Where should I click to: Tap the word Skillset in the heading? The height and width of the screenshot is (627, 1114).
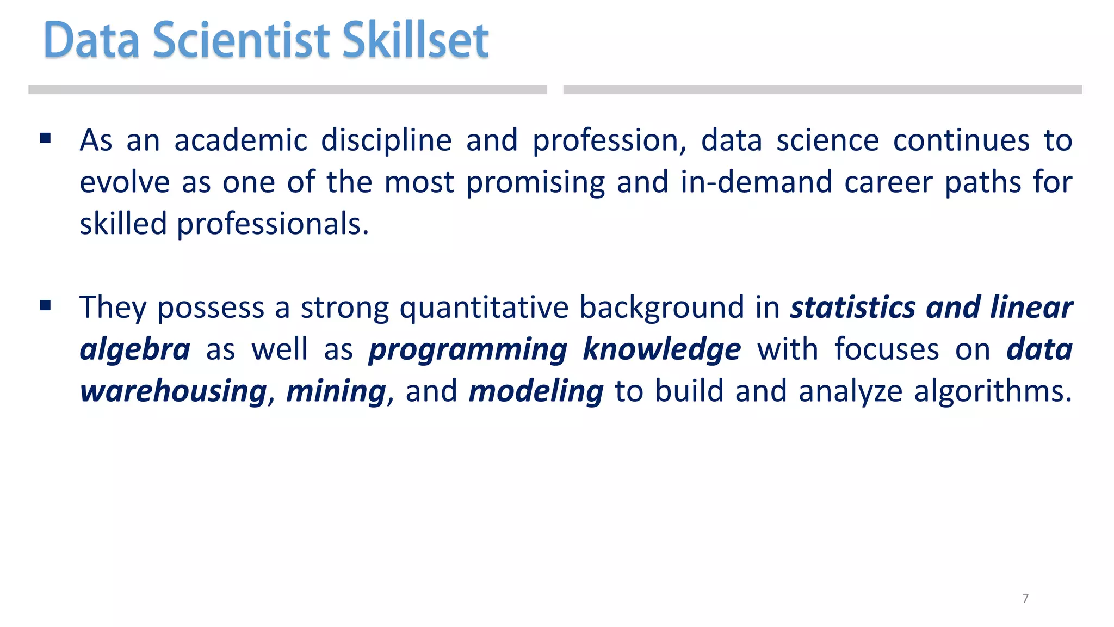416,40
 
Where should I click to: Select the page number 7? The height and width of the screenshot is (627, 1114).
1025,598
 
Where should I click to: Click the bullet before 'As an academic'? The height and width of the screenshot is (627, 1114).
46,138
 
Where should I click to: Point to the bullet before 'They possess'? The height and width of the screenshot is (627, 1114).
46,305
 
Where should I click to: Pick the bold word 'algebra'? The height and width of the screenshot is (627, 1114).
135,350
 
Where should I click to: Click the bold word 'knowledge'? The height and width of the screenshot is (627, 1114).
661,350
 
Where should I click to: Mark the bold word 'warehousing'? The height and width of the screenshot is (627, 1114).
174,392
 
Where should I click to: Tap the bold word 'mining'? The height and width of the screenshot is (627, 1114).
336,392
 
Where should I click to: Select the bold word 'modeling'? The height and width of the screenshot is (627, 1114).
536,392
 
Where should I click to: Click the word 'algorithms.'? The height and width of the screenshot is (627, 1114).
993,392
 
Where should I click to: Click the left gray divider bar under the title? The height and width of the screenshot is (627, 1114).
287,90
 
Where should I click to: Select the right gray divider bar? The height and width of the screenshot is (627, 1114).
822,90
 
